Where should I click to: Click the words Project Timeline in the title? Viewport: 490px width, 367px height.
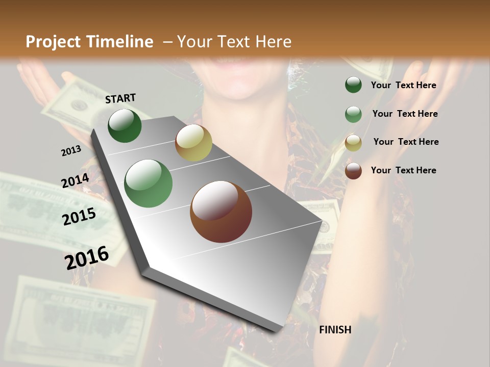tap(89, 42)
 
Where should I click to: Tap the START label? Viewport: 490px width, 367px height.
tap(120, 98)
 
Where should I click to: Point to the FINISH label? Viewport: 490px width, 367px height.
tap(335, 330)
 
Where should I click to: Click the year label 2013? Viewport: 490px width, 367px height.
tap(71, 151)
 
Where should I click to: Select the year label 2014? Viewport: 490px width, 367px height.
tap(75, 181)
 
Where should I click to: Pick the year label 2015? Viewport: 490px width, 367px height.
tap(79, 217)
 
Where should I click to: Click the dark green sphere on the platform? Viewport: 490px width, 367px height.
tap(125, 125)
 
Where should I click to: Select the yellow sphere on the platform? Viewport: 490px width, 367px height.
tap(193, 143)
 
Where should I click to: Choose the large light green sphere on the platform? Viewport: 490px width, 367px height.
tap(149, 183)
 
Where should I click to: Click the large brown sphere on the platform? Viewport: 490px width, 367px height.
tap(221, 212)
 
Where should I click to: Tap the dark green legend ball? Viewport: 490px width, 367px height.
tap(353, 85)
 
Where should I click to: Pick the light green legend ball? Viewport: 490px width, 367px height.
tap(353, 114)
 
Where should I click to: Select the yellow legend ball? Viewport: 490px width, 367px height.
tap(353, 143)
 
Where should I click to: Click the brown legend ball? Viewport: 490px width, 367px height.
tap(353, 171)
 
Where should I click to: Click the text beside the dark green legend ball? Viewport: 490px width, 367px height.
tap(403, 86)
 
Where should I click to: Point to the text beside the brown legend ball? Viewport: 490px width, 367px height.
tap(403, 170)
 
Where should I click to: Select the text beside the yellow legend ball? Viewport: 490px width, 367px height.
tap(406, 142)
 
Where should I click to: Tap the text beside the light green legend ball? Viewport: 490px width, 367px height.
tap(405, 114)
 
